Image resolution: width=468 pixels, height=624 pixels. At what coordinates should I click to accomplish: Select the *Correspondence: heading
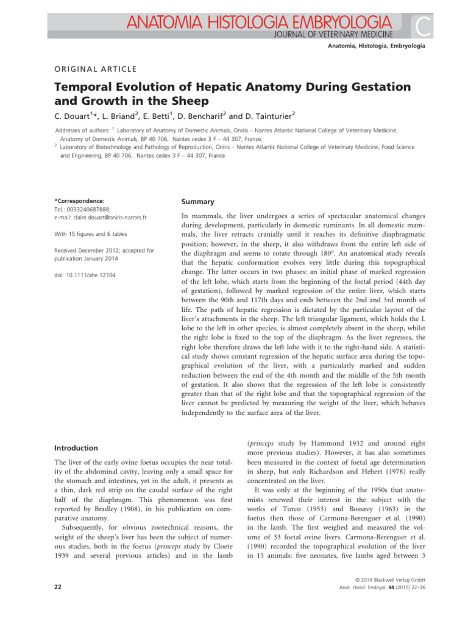(79, 200)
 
